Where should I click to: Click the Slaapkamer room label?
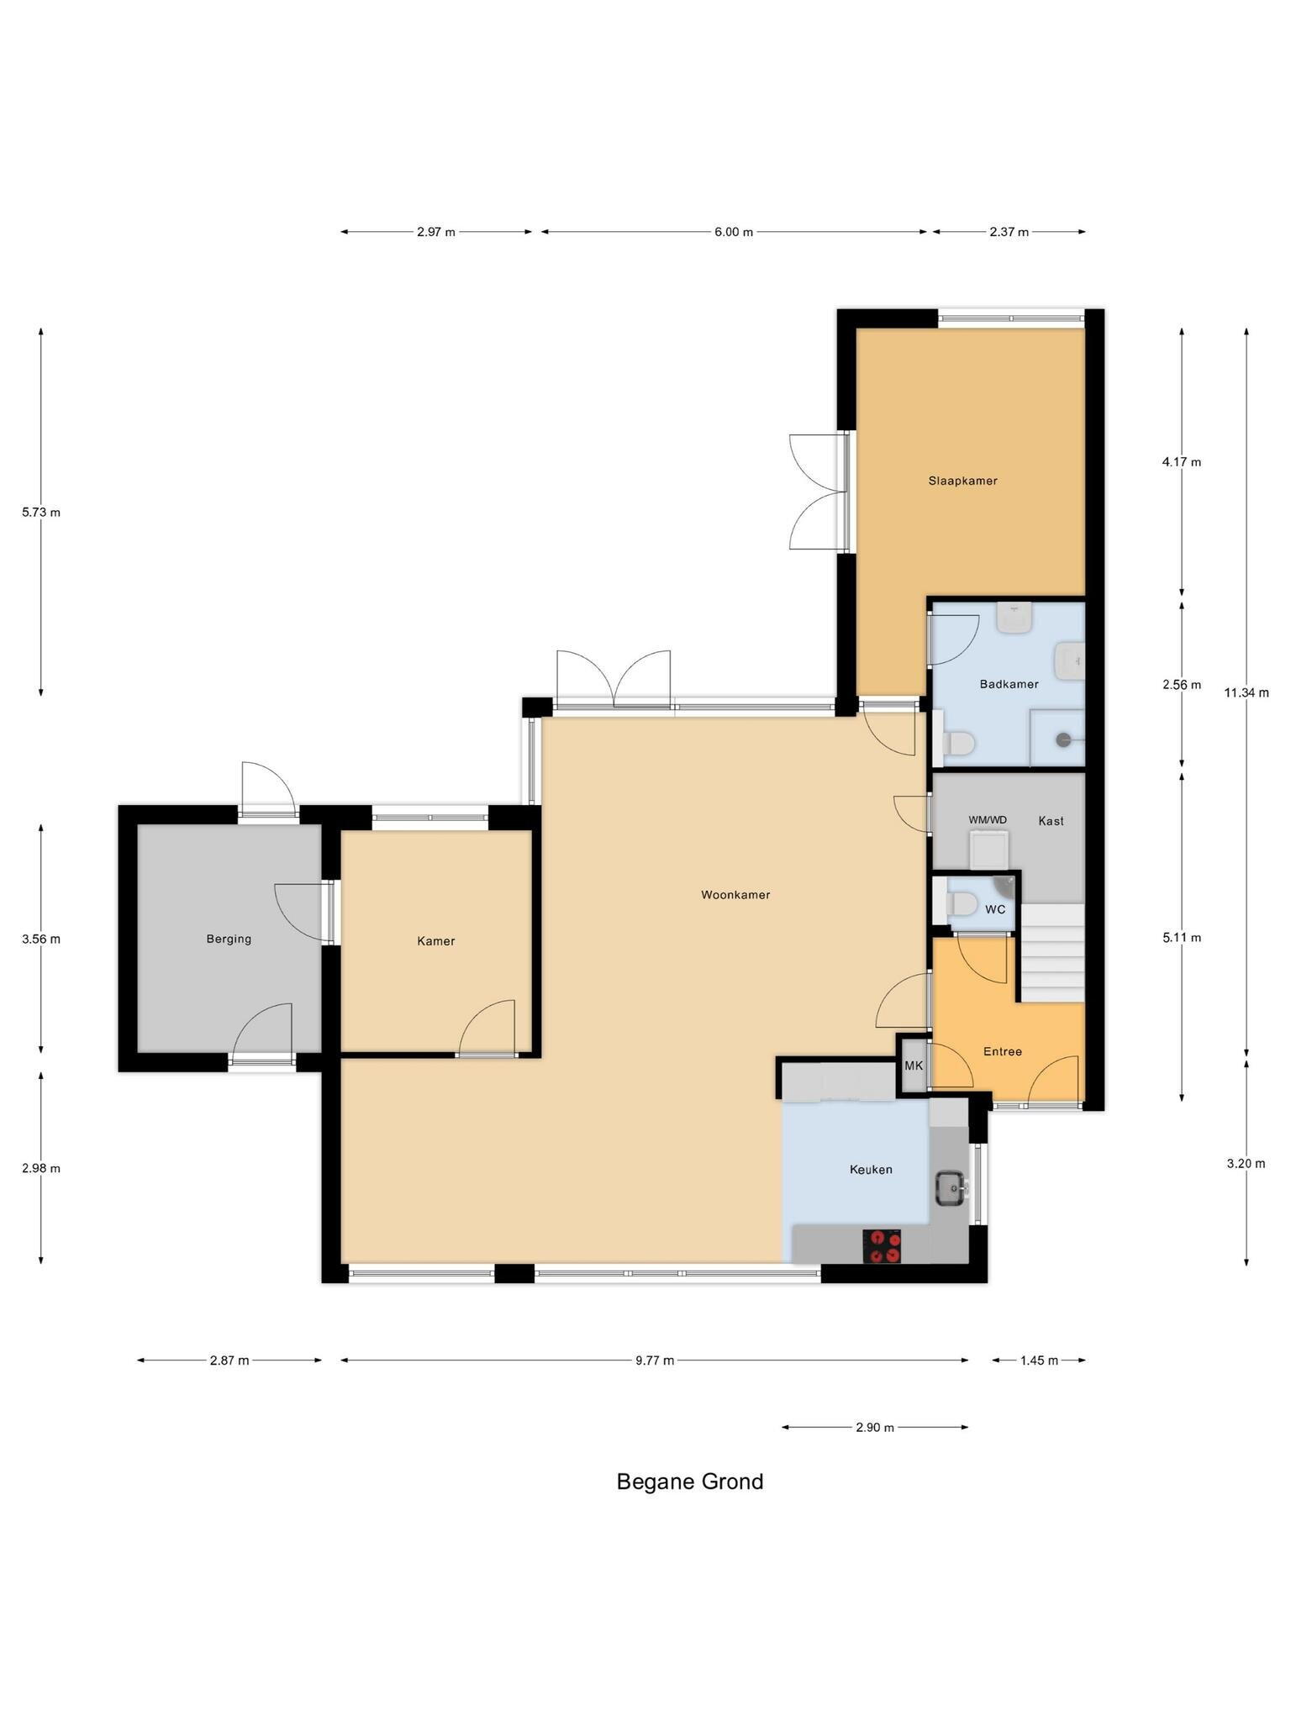click(962, 481)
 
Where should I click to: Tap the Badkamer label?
click(1009, 684)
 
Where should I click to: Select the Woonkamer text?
click(735, 895)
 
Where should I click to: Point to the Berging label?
click(229, 939)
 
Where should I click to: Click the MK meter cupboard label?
click(914, 1066)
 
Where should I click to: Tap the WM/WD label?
click(988, 820)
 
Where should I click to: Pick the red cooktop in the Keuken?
click(882, 1246)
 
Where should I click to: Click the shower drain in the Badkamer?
click(1064, 740)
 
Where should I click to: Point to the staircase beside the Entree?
click(1052, 953)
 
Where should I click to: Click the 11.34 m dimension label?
click(1246, 692)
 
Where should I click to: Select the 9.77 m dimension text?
click(655, 1360)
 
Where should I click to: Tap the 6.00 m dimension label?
click(734, 232)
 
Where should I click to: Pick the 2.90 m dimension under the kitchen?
click(875, 1427)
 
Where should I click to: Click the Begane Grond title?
click(690, 1482)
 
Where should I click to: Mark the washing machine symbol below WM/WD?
click(989, 850)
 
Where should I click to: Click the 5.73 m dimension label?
click(41, 512)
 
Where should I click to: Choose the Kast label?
click(1051, 820)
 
